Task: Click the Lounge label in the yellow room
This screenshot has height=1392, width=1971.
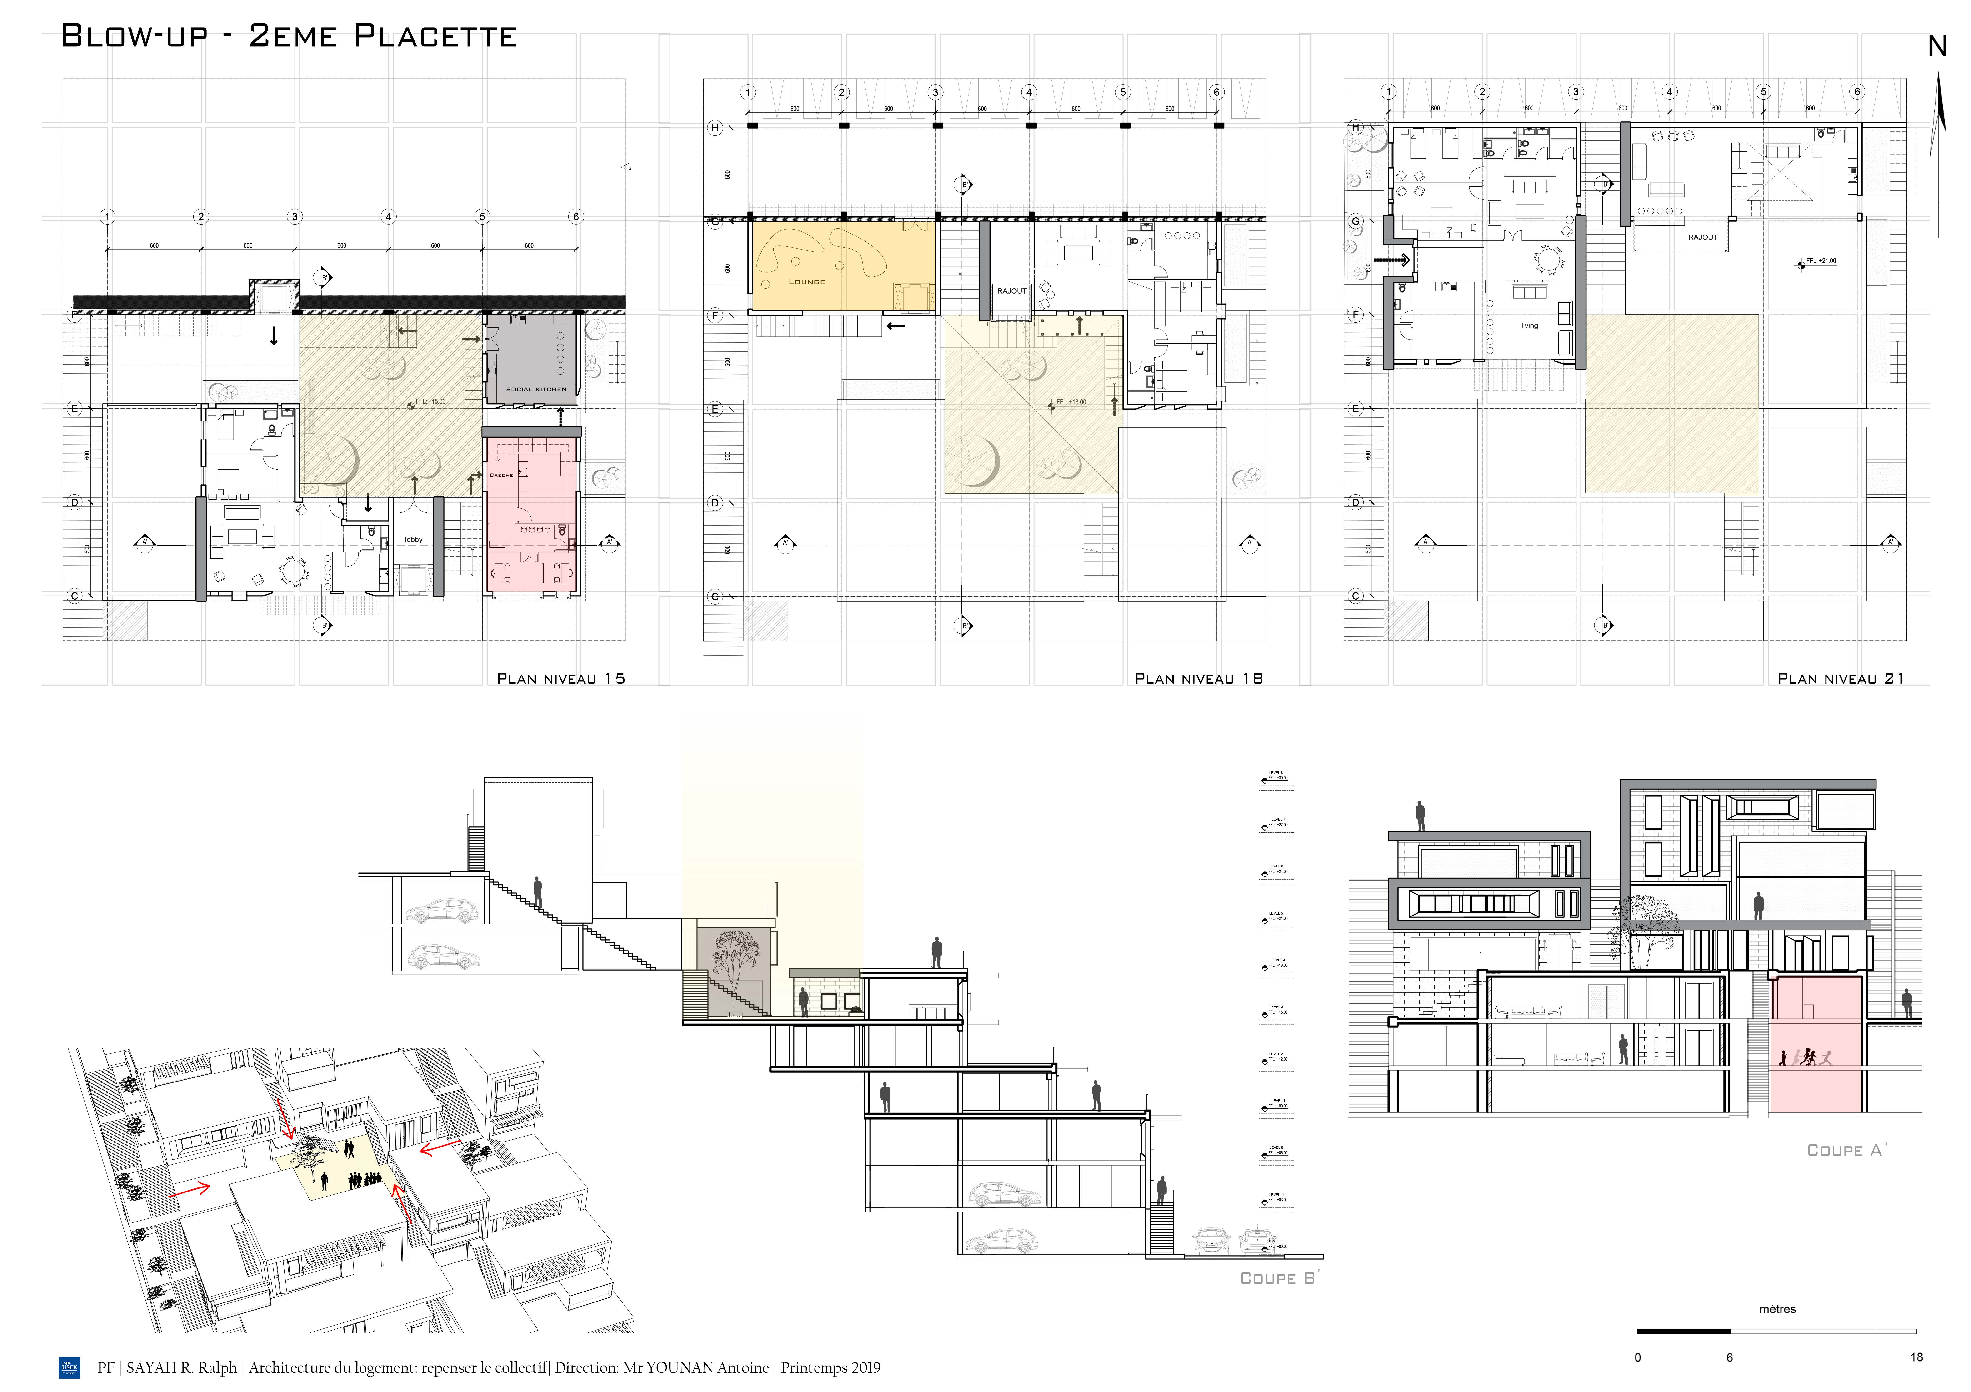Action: point(806,282)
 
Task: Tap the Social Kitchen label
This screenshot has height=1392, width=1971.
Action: point(536,389)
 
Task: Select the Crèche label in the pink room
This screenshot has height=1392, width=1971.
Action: point(501,475)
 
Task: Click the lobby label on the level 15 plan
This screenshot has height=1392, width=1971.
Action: point(414,539)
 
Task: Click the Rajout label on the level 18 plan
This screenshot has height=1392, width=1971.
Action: point(1011,291)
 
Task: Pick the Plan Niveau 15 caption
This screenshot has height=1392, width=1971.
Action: point(560,678)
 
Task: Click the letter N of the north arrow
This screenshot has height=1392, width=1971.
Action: point(1937,47)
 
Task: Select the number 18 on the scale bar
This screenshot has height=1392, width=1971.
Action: point(1916,1358)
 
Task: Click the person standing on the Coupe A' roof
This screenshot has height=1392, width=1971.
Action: point(1420,816)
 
